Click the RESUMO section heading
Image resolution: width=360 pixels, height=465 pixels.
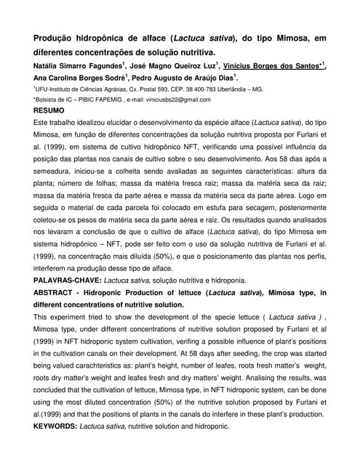(49, 110)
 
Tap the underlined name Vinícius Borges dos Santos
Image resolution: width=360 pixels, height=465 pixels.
(271, 66)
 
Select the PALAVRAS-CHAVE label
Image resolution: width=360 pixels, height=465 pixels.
(67, 280)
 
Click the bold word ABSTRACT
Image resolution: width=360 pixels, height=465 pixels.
(58, 293)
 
